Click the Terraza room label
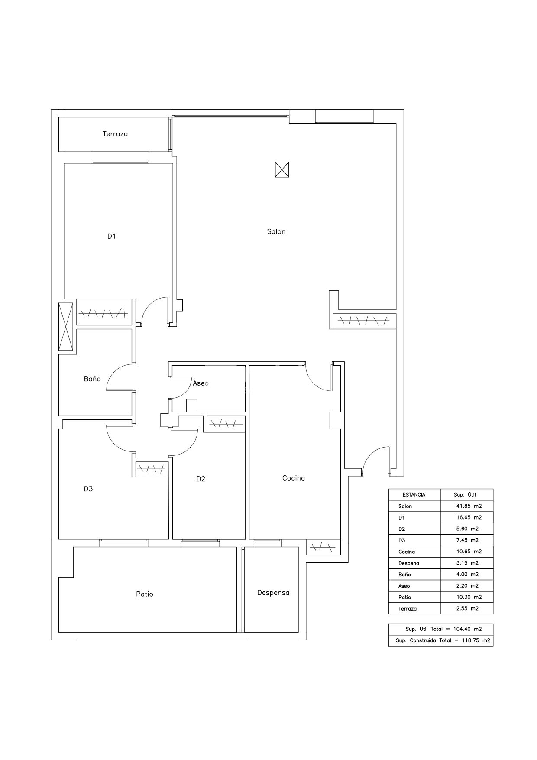(115, 134)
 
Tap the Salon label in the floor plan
(276, 231)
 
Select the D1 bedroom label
(112, 236)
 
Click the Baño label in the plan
(92, 379)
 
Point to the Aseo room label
(201, 383)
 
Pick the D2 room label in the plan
(201, 479)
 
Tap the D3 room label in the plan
(88, 489)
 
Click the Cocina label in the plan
(294, 478)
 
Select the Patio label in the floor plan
(145, 594)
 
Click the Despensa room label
(273, 593)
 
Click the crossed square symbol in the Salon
(282, 169)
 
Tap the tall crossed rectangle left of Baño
(66, 326)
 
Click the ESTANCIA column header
(414, 494)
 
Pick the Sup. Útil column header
(465, 494)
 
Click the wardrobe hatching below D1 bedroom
(104, 312)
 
